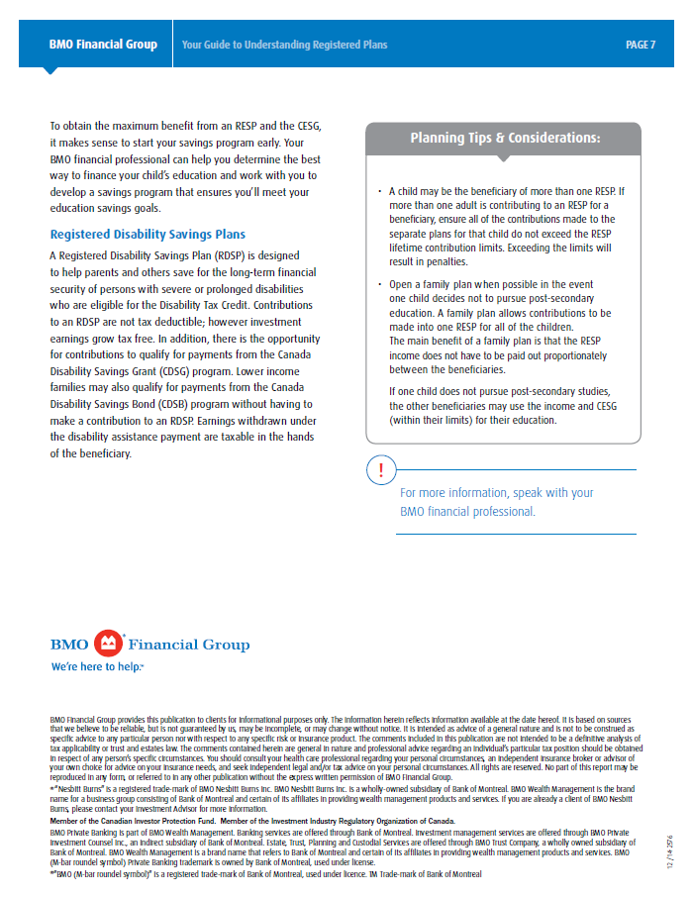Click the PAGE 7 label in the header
(641, 45)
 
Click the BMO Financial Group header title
(103, 45)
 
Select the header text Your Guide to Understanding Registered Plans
(284, 45)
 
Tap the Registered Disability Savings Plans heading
(148, 235)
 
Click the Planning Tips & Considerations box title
(505, 138)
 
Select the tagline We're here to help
(97, 667)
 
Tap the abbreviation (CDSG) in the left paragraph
(178, 367)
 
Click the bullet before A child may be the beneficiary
(379, 191)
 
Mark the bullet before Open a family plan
(379, 285)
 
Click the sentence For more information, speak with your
(496, 493)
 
